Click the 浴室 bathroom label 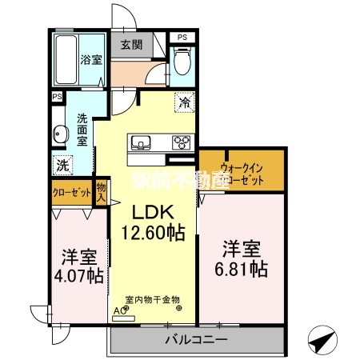(x=90, y=59)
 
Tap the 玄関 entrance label (x=131, y=46)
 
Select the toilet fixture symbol (x=182, y=60)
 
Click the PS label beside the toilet (x=183, y=37)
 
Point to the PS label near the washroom (x=56, y=97)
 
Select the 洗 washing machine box (x=62, y=165)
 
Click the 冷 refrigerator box (x=184, y=102)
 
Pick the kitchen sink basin (x=143, y=144)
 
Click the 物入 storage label (x=101, y=193)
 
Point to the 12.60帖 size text (x=154, y=233)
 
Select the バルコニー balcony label (x=194, y=339)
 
